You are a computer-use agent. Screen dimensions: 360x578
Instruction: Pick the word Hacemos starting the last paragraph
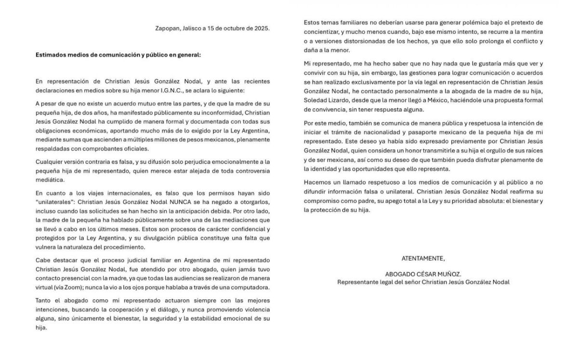pos(318,182)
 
